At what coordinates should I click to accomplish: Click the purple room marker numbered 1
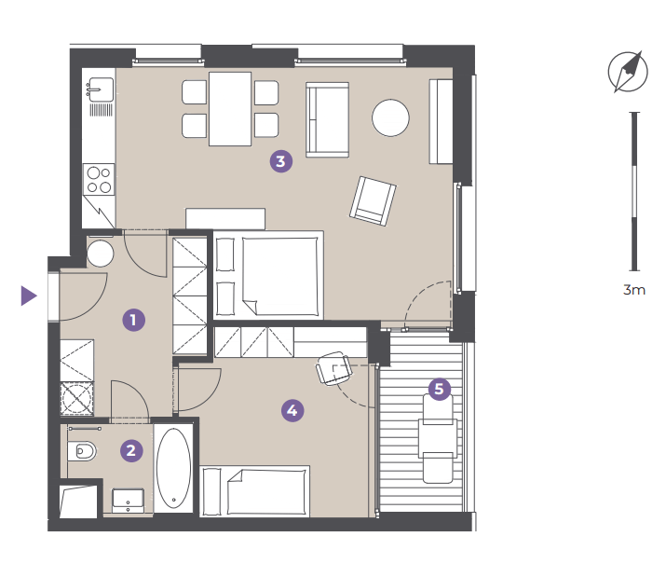click(134, 320)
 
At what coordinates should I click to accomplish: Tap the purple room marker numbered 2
click(131, 450)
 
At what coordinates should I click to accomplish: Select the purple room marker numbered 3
click(281, 161)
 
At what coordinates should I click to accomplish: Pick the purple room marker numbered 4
click(292, 410)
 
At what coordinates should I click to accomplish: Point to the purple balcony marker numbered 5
click(439, 389)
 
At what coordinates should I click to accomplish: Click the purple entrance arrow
click(29, 295)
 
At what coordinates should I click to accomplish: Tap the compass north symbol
click(628, 72)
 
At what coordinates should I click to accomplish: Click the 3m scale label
click(634, 290)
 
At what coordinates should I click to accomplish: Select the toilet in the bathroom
click(82, 451)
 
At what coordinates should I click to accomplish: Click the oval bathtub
click(173, 468)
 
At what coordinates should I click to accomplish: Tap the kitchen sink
click(101, 89)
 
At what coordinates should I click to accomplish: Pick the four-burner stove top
click(99, 179)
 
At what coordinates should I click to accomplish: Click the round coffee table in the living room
click(390, 117)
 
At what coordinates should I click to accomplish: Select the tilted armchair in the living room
click(373, 200)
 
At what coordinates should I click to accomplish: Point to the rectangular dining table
click(230, 109)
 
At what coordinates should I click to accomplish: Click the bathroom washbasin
click(128, 501)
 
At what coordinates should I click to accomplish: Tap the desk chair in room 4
click(334, 368)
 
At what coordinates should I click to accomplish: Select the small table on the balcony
click(438, 438)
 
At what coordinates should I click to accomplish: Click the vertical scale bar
click(634, 191)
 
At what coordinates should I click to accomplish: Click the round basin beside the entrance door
click(101, 254)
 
